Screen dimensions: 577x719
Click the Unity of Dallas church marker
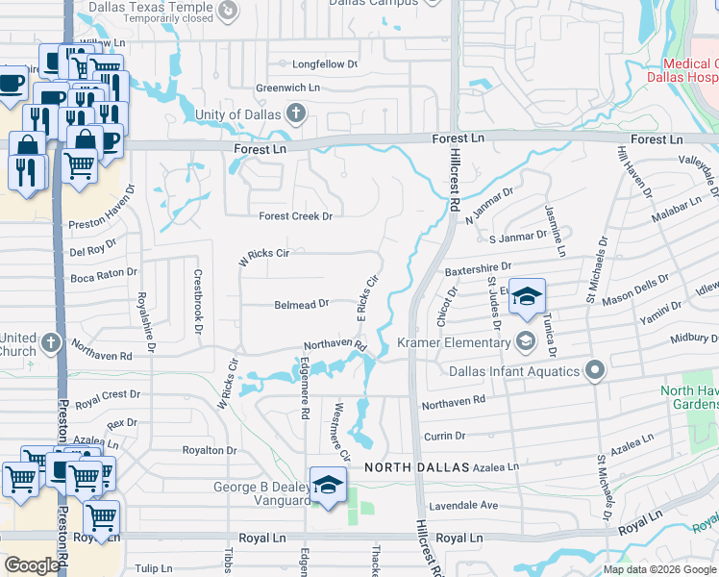tap(295, 115)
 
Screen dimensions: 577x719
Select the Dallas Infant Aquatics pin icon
tap(596, 370)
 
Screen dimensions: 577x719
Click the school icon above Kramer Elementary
tap(526, 297)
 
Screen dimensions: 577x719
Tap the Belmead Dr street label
tap(302, 303)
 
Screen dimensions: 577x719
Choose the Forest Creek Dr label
tap(294, 216)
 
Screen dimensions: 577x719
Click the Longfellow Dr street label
tap(317, 64)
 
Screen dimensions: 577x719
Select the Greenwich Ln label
tap(288, 88)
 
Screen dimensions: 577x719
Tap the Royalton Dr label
tap(210, 450)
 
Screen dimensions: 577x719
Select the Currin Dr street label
tap(445, 437)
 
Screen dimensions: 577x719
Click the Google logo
tap(32, 565)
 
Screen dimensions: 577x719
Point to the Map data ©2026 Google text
tap(658, 569)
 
